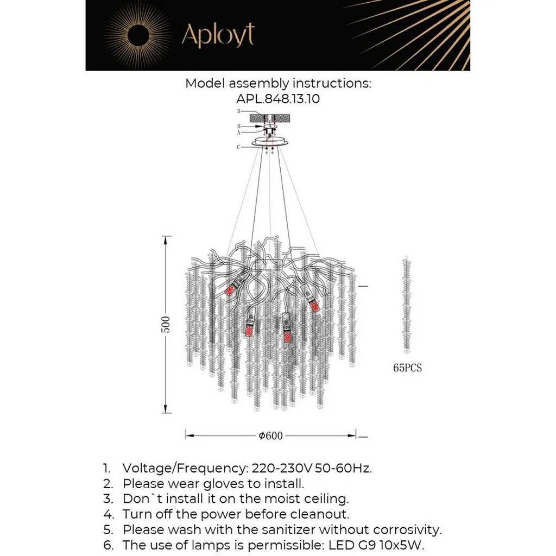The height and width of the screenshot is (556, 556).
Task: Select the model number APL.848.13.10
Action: [278, 99]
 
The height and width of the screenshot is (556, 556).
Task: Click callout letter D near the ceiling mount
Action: [238, 111]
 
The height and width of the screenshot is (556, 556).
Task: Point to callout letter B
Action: [238, 126]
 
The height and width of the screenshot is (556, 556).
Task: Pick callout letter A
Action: [238, 132]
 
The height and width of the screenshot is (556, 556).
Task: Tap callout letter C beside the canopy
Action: [238, 147]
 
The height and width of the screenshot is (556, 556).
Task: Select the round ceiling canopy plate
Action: [270, 143]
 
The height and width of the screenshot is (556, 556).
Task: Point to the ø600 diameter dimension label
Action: [271, 436]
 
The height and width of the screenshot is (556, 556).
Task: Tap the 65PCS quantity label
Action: [407, 368]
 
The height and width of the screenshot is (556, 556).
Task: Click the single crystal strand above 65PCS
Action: [407, 304]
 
